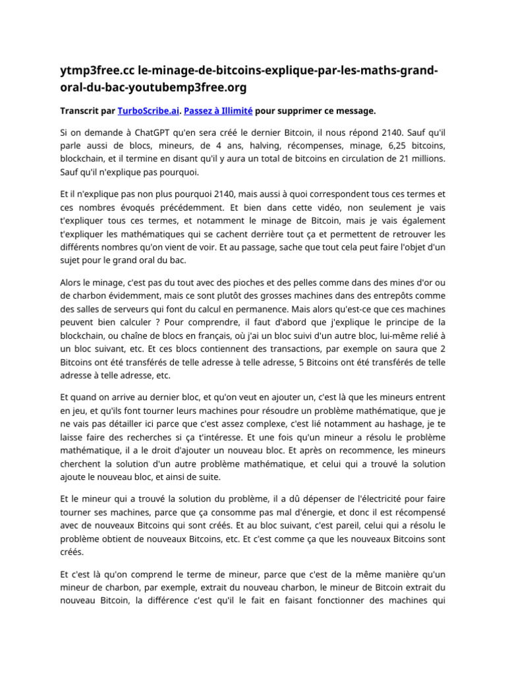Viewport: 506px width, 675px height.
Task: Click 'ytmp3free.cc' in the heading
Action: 91,71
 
